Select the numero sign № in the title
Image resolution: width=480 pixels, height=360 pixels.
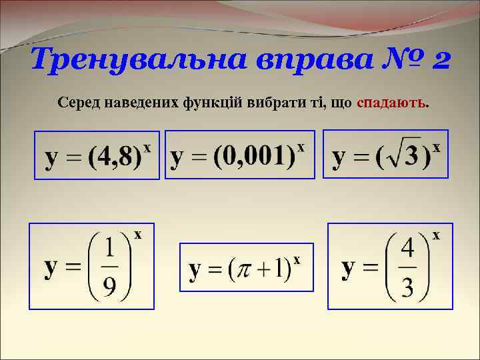[392, 61]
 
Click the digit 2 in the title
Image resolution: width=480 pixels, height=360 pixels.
[440, 61]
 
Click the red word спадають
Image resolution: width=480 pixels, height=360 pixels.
[392, 104]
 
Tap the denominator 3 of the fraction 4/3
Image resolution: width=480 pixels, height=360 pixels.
[408, 288]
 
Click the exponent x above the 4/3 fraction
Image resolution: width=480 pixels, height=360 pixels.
[436, 235]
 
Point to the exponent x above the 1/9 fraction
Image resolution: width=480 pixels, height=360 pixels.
[138, 234]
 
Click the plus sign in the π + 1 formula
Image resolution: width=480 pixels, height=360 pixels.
[260, 269]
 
